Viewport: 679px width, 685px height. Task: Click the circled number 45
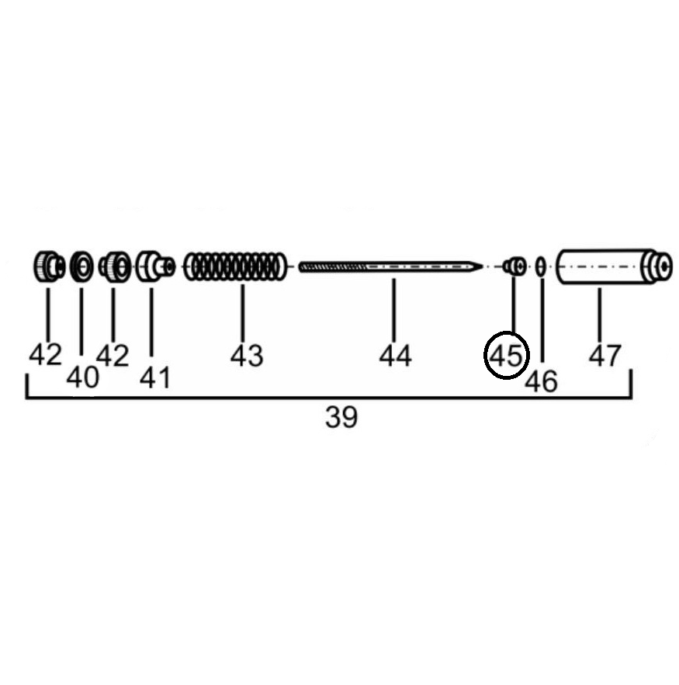pos(506,356)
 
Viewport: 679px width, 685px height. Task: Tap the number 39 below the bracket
pos(341,417)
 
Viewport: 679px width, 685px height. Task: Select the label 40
pos(82,377)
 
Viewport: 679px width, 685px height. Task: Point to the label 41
pos(155,378)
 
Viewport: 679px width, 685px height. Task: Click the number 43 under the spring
pos(247,356)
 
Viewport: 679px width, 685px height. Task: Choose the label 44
pos(395,356)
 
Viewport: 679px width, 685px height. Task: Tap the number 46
pos(541,381)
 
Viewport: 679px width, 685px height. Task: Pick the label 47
pos(605,356)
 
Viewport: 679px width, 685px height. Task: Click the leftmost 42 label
pos(45,354)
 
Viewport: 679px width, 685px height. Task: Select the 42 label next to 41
pos(113,355)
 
